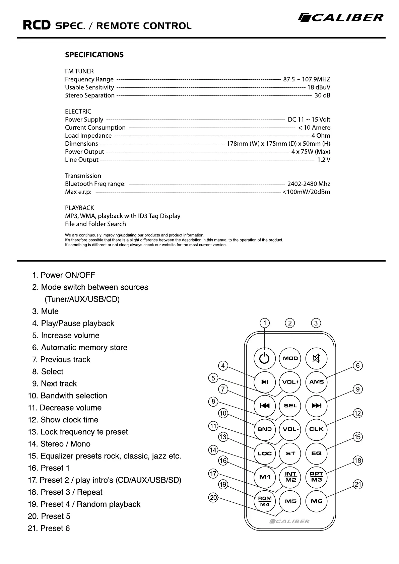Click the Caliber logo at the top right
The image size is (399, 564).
(x=341, y=17)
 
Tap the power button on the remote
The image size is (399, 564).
(x=264, y=358)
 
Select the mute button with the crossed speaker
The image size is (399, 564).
(x=316, y=358)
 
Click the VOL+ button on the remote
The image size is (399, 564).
(x=290, y=382)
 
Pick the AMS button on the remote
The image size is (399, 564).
(x=316, y=382)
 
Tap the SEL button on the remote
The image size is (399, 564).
(x=290, y=406)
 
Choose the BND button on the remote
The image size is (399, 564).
(x=264, y=429)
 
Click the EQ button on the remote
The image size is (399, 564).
(x=316, y=453)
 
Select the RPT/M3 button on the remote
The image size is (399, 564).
(x=316, y=477)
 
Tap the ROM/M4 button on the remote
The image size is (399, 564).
(x=265, y=501)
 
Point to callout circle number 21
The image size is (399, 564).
(x=358, y=485)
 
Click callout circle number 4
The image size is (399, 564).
(x=223, y=366)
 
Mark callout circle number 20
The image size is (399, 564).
(x=213, y=498)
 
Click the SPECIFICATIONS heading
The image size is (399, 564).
(x=94, y=55)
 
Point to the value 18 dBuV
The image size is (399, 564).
(x=319, y=87)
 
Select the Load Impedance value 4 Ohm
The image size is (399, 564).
(x=321, y=136)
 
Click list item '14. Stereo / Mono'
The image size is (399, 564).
(x=59, y=444)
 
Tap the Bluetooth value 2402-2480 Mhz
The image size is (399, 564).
(x=309, y=184)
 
